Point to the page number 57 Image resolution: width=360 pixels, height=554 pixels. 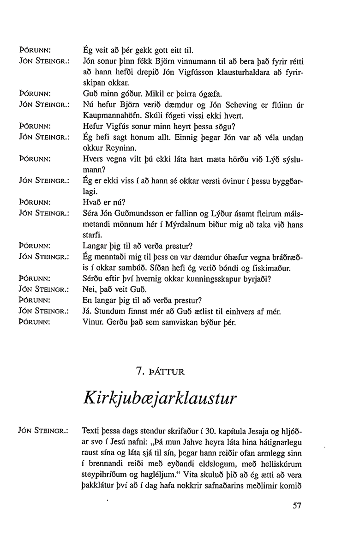point(297,506)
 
